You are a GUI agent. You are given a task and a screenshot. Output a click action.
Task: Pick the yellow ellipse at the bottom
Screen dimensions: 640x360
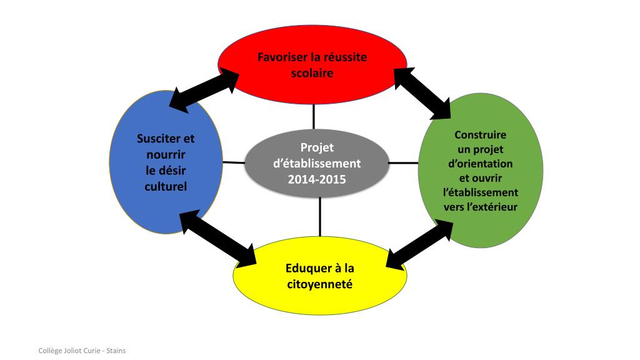(319, 300)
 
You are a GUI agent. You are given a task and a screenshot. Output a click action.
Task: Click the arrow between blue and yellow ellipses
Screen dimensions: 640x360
(218, 239)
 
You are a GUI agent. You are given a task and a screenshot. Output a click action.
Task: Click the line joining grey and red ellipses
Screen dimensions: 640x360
(314, 116)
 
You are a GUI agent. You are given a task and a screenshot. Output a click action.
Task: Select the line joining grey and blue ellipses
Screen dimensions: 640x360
(234, 162)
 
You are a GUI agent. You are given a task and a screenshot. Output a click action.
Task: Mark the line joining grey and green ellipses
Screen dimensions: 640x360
(403, 162)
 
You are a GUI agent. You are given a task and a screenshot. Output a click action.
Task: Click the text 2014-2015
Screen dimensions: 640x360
(317, 179)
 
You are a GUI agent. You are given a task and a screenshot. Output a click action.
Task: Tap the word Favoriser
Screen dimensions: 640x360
(282, 57)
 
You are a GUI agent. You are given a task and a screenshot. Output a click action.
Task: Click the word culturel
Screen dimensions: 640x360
(166, 186)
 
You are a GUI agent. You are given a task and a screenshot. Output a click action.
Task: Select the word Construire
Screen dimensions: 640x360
(480, 134)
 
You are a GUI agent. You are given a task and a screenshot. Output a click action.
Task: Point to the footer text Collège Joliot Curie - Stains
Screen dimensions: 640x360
(82, 351)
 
